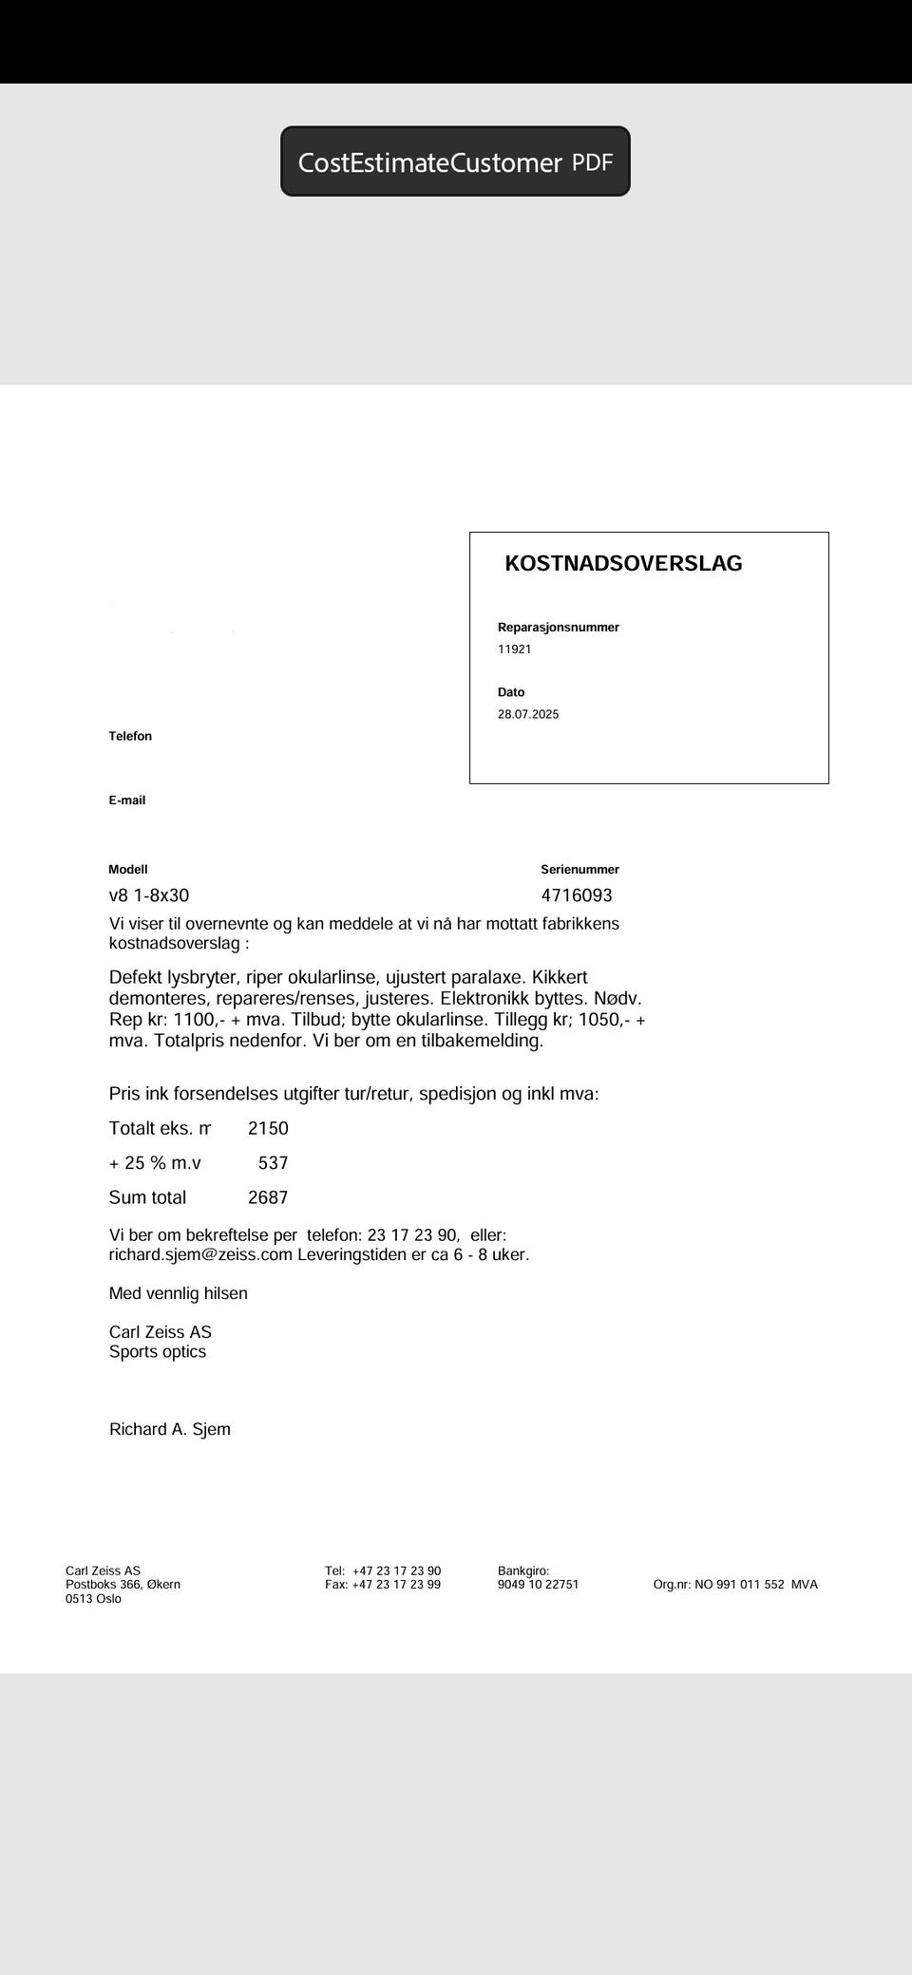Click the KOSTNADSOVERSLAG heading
click(623, 563)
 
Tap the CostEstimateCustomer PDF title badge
click(455, 161)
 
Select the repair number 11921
click(514, 649)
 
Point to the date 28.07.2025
click(528, 714)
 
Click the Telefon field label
click(130, 736)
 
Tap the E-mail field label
click(126, 800)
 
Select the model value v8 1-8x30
click(149, 895)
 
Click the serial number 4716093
click(577, 895)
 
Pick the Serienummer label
click(579, 869)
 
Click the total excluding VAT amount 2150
click(268, 1128)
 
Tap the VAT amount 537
click(273, 1163)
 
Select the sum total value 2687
click(268, 1197)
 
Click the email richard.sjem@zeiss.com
click(200, 1254)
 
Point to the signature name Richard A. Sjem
click(170, 1429)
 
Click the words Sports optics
click(158, 1351)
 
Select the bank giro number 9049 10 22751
click(538, 1584)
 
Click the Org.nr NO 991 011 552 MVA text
click(734, 1584)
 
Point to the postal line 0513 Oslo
click(93, 1598)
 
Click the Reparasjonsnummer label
click(558, 627)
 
